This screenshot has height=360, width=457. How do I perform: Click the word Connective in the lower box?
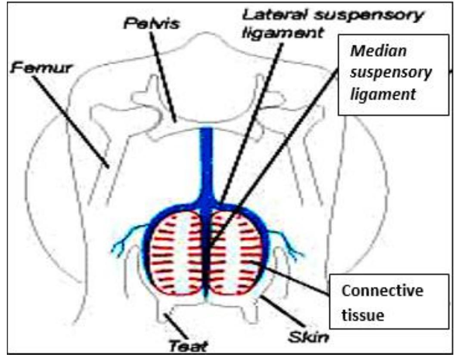[x=382, y=292]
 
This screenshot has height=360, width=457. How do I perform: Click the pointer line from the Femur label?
[x=69, y=121]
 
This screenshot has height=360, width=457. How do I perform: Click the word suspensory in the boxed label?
[x=390, y=73]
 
